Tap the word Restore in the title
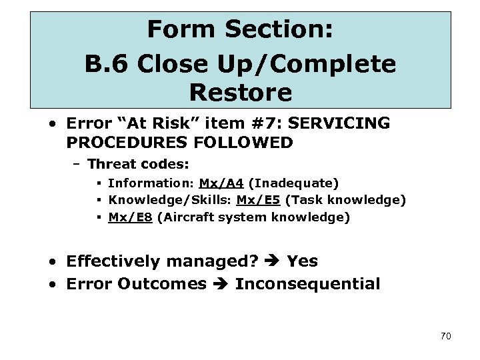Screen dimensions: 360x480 [x=240, y=93]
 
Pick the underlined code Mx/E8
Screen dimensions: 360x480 [x=131, y=217]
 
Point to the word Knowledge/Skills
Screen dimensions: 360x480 [x=169, y=200]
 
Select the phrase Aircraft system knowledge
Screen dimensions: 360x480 [x=253, y=217]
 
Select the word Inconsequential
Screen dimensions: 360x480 [x=307, y=284]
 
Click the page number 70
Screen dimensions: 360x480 [x=445, y=336]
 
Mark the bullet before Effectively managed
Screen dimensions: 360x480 [x=52, y=261]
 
